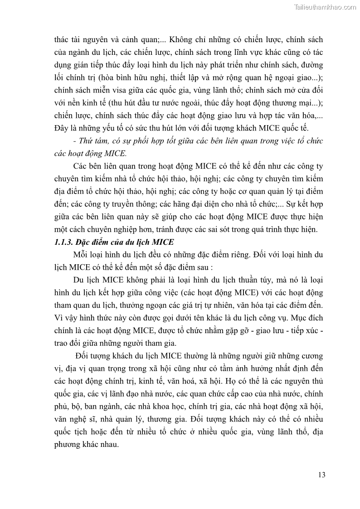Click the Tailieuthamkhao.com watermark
point(325,7)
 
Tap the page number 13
point(321,475)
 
